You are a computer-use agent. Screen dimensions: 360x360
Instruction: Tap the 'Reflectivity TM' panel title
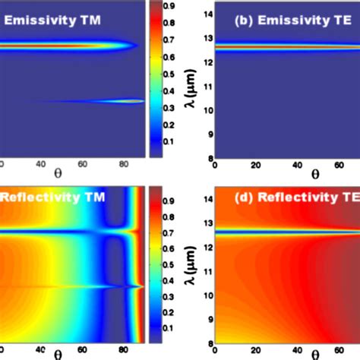pyautogui.click(x=53, y=198)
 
